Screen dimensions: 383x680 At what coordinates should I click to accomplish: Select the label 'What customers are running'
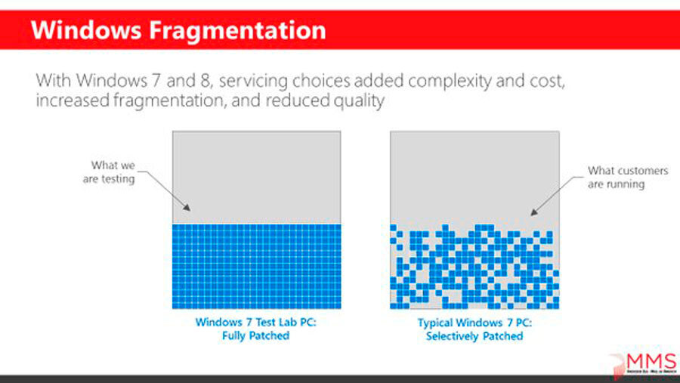pos(617,178)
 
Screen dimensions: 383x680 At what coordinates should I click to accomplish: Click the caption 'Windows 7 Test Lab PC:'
pos(256,321)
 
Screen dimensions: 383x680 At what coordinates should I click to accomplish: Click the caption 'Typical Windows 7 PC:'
pos(474,322)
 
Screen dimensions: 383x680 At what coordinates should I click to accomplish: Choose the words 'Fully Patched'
pos(256,335)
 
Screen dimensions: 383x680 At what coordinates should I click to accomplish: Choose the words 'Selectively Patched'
pos(474,335)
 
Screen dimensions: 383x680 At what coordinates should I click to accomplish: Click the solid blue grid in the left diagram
pos(256,266)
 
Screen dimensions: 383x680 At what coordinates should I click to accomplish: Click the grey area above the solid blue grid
pos(256,177)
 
